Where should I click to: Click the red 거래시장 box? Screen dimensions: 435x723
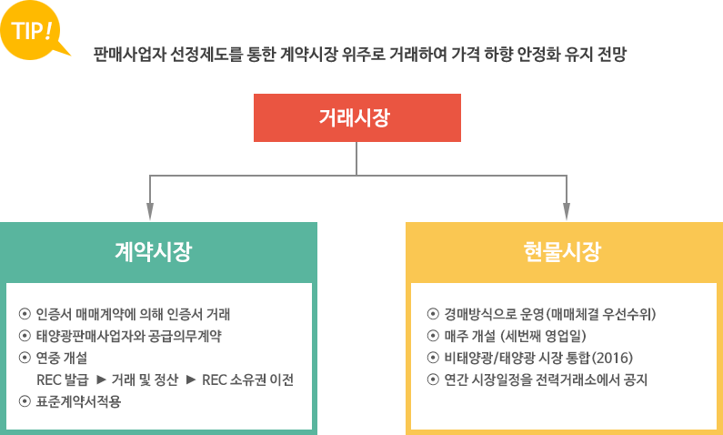coord(356,117)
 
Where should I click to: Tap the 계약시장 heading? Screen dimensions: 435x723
coord(154,251)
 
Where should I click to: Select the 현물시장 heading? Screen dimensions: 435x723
coord(562,251)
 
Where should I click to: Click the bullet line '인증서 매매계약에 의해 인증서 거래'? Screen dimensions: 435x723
coord(133,315)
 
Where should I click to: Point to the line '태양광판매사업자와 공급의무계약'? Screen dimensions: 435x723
coord(128,336)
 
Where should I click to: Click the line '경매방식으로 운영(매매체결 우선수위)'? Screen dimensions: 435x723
coord(550,315)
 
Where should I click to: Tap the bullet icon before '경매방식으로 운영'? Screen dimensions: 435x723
coord(433,315)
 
